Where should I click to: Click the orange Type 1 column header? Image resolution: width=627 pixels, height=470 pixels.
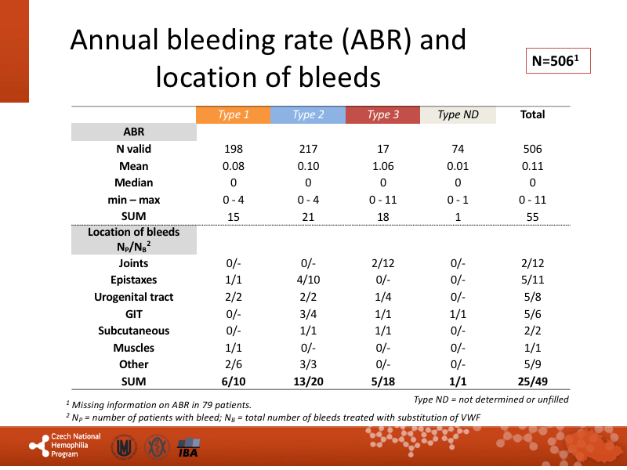coord(234,115)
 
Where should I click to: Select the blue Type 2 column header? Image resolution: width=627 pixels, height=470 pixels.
coord(308,115)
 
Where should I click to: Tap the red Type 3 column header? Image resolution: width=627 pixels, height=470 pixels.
coord(383,115)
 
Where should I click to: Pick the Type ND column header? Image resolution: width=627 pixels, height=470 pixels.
coord(458,115)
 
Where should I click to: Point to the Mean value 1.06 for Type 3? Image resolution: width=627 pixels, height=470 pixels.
coord(383,166)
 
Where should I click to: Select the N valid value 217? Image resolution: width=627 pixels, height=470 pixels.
coord(308,149)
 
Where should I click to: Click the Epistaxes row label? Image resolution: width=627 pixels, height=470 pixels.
coord(133,280)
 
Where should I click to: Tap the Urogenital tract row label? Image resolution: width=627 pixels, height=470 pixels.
coord(133,297)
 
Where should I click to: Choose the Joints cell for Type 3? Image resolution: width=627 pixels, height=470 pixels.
coord(383,263)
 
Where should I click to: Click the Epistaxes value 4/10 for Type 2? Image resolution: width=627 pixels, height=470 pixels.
coord(308,280)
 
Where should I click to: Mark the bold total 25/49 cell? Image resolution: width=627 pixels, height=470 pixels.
coord(532,381)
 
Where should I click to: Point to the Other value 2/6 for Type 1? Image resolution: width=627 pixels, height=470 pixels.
coord(234,364)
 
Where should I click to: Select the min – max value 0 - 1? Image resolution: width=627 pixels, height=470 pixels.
coord(458,200)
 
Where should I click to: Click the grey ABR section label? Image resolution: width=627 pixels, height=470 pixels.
coord(134,132)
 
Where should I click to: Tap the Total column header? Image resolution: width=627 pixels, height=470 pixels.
coord(532,115)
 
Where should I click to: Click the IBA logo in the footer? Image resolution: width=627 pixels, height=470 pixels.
coord(188,450)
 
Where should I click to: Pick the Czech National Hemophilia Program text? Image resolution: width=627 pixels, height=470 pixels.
coord(75,445)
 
